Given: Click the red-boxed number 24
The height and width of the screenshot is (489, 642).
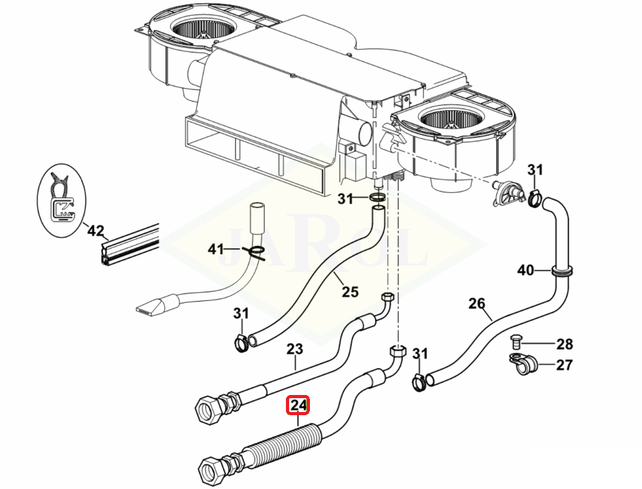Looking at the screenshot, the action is click(299, 405).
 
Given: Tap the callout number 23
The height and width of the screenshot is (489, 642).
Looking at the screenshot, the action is click(294, 349).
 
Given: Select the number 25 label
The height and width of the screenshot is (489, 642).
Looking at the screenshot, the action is click(350, 292).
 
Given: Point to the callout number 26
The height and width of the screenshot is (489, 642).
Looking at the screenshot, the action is click(477, 303).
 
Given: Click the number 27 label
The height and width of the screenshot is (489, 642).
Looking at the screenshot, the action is click(564, 365).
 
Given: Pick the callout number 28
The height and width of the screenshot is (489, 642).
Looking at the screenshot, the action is click(564, 344).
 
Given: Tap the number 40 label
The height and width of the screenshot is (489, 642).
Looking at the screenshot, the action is click(526, 270).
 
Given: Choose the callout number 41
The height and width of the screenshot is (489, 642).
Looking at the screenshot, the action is click(216, 249).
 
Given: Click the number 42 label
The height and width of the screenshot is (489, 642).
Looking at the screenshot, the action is click(95, 231).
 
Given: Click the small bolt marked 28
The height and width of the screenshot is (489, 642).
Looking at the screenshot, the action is click(516, 341).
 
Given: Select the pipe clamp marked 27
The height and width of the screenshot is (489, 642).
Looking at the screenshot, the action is click(523, 363).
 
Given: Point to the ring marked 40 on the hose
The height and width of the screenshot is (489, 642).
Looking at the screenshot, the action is click(562, 271).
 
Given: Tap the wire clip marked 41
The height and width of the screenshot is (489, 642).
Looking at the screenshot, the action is click(254, 252).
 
